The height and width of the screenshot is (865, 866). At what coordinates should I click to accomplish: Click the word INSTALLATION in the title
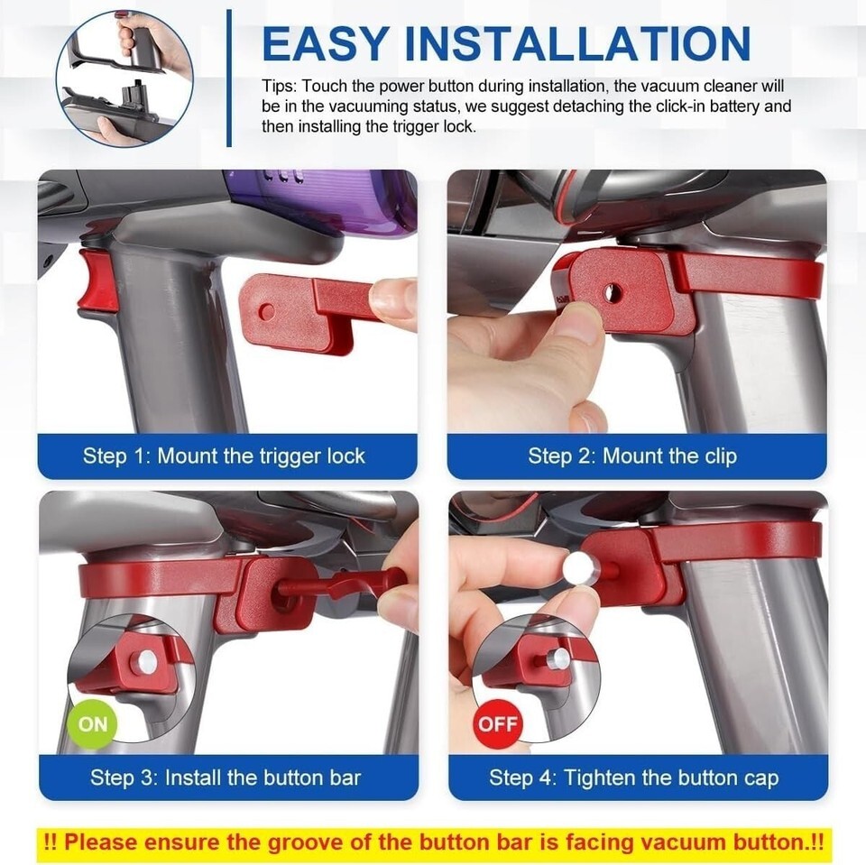tap(577, 43)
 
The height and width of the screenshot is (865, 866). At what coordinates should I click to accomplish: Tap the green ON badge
tap(92, 723)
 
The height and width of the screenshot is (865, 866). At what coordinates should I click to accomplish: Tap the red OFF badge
tap(498, 723)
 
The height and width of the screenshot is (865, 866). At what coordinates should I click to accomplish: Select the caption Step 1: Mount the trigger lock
tap(224, 456)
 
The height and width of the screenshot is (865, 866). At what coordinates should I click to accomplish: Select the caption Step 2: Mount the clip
tap(632, 456)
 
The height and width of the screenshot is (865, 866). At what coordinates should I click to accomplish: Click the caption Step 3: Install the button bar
tap(226, 778)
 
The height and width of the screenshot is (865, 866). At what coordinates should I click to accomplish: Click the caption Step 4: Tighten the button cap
tap(633, 778)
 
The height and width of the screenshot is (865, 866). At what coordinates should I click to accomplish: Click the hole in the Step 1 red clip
tap(267, 311)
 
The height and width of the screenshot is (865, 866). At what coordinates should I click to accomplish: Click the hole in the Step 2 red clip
tap(612, 293)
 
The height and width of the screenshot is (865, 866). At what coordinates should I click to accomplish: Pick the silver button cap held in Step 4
tap(577, 568)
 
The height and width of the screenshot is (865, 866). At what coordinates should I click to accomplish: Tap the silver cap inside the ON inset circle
tap(148, 661)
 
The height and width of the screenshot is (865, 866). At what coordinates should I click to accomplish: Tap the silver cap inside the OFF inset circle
tap(560, 658)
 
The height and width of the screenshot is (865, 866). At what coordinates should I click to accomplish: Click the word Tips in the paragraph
tap(279, 87)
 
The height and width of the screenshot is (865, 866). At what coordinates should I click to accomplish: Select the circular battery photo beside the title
tap(125, 79)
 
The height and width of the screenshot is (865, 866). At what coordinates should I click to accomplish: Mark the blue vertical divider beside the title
tap(229, 78)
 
